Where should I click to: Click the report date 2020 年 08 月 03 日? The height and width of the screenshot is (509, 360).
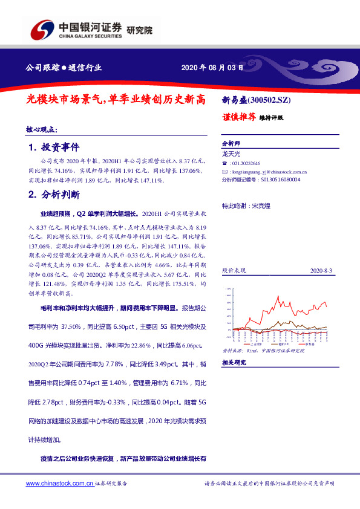(212, 68)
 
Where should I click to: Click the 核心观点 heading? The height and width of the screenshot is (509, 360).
(42, 129)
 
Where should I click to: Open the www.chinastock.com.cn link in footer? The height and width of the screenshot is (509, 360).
(60, 484)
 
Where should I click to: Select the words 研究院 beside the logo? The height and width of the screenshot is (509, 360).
(140, 30)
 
